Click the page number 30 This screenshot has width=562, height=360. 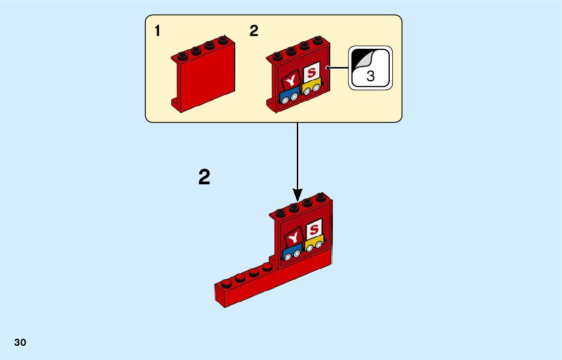pos(20,342)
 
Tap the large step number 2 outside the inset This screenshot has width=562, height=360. pos(204,178)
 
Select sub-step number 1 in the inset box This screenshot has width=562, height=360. pos(158,31)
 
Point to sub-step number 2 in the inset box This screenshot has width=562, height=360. pos(254,31)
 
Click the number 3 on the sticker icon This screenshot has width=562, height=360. pos(370,77)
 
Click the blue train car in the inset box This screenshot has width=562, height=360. pos(289,95)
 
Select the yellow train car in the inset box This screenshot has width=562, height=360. pos(311,87)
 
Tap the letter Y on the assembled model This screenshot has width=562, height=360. pos(294,237)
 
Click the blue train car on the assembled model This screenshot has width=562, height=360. pos(292,251)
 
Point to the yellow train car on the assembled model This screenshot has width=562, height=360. pos(315,243)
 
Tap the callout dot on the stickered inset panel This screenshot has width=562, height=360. pos(329,68)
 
